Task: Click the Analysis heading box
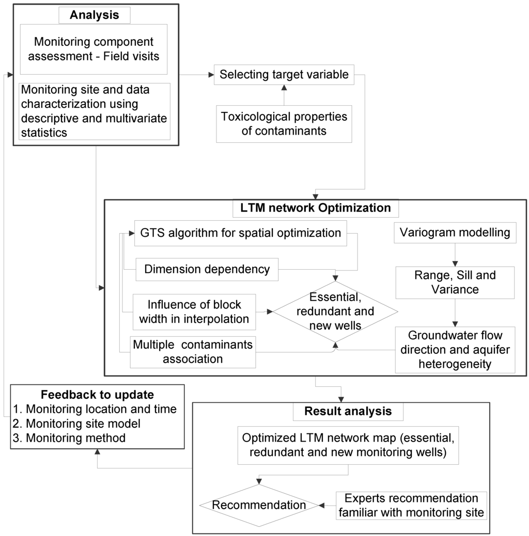click(94, 14)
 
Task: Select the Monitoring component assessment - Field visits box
click(94, 48)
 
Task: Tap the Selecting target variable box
click(284, 74)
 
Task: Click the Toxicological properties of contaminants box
click(284, 123)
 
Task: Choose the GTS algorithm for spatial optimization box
click(240, 233)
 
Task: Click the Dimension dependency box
click(207, 269)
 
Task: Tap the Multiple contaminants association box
click(193, 351)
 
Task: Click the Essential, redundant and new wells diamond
click(335, 311)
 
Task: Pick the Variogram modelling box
click(455, 233)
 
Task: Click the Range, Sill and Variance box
click(455, 282)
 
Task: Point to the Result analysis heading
click(348, 411)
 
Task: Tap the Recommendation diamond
click(259, 505)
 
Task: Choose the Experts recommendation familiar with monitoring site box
click(411, 506)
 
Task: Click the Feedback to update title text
click(98, 395)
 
